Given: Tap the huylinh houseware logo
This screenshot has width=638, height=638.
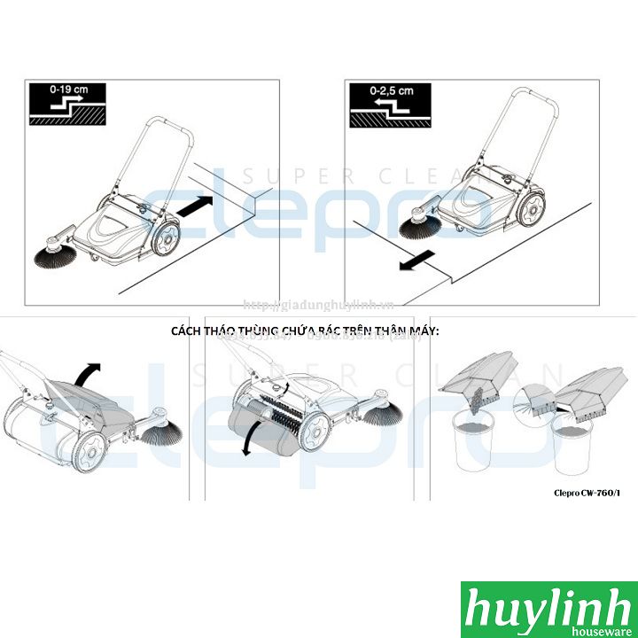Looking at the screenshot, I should coord(547,609).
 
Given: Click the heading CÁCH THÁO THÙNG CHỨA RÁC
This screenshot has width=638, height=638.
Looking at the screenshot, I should coord(305,331).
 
